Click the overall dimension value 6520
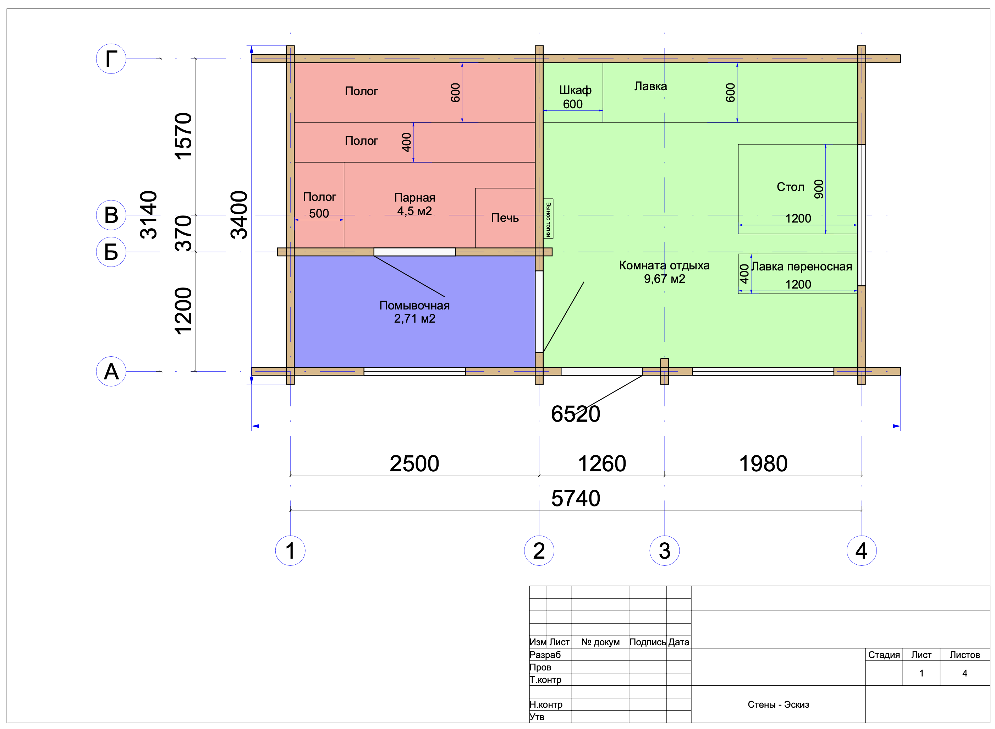click(575, 414)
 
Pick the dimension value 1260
click(602, 464)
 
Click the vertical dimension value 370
click(183, 234)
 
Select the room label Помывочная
click(414, 305)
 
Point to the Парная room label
click(415, 197)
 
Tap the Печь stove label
click(505, 218)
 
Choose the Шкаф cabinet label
click(575, 90)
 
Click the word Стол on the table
click(790, 187)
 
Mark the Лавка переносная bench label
click(801, 267)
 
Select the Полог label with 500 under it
click(319, 197)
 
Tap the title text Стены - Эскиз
click(778, 704)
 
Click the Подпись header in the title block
click(647, 642)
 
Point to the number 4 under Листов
click(964, 673)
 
